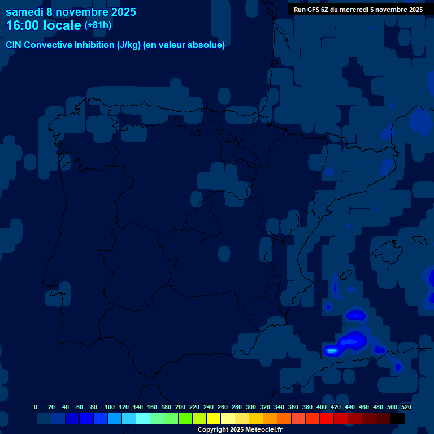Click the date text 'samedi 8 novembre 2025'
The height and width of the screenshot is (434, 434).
[x=71, y=12]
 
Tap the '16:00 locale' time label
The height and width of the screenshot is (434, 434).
[x=44, y=25]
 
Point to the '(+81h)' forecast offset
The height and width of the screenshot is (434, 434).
[x=98, y=25]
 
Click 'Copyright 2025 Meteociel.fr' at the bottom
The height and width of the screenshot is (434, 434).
[x=240, y=429]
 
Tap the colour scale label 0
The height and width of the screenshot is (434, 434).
[x=36, y=407]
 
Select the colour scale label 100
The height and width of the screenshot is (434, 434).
[x=110, y=407]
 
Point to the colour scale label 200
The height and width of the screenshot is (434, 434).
[x=180, y=407]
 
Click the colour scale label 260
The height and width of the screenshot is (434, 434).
[x=223, y=407]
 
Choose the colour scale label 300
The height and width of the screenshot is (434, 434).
[x=251, y=407]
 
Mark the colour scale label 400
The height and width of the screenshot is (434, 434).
[x=322, y=407]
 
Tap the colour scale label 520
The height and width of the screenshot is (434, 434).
[x=406, y=407]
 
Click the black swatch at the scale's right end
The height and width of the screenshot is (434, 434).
[x=397, y=418]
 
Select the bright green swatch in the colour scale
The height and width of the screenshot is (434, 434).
[x=185, y=418]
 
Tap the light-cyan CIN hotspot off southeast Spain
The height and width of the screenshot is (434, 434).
[x=332, y=351]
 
